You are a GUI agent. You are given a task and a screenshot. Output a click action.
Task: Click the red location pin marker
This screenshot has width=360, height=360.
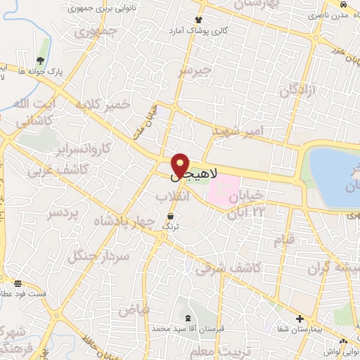[181, 165]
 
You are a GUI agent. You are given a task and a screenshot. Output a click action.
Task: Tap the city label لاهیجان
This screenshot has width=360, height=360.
[204, 173]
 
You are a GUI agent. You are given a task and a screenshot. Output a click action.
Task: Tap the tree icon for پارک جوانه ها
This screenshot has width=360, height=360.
[39, 61]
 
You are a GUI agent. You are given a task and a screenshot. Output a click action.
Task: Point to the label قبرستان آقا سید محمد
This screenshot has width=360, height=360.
[181, 328]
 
